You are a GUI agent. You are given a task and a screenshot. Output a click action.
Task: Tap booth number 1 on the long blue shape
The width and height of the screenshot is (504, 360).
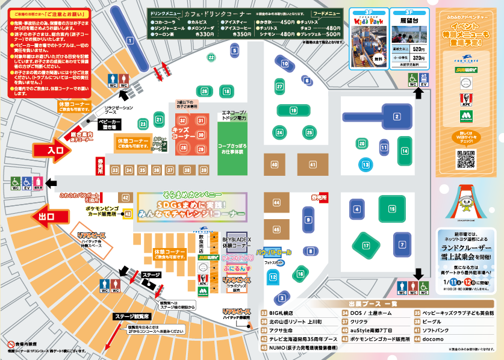click(x=129, y=40)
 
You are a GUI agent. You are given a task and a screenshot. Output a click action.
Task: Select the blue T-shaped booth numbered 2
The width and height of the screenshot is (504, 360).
click(x=397, y=116)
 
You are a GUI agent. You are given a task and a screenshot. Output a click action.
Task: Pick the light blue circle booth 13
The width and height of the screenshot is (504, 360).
click(x=365, y=164)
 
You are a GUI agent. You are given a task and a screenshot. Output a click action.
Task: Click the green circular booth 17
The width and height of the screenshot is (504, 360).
click(x=366, y=245)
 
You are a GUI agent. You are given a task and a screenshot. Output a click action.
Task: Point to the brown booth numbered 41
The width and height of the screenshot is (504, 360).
click(x=313, y=164)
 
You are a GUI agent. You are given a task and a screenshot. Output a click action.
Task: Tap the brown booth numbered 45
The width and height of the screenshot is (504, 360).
click(x=276, y=229)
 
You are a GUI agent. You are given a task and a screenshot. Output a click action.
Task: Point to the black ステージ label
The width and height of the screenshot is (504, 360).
click(x=151, y=275)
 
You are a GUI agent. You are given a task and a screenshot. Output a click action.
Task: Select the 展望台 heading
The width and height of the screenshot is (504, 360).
click(x=408, y=19)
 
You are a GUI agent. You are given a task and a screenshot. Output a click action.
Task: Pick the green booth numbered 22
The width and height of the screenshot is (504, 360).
click(x=212, y=57)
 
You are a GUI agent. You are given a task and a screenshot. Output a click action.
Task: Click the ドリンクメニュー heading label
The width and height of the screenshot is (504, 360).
click(x=164, y=13)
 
